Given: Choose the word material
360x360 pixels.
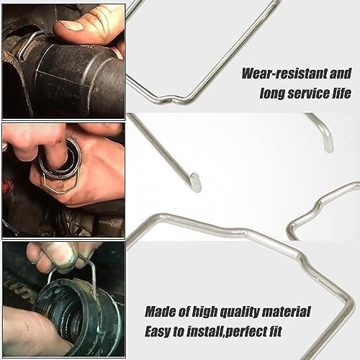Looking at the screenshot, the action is pyautogui.click(x=287, y=312).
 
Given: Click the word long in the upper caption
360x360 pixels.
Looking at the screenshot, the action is pyautogui.click(x=273, y=94).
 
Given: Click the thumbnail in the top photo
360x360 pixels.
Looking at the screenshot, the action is pyautogui.click(x=70, y=26).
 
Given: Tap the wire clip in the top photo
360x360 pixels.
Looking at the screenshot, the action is pyautogui.click(x=26, y=45).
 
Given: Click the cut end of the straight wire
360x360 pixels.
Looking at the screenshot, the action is pyautogui.click(x=197, y=182).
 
